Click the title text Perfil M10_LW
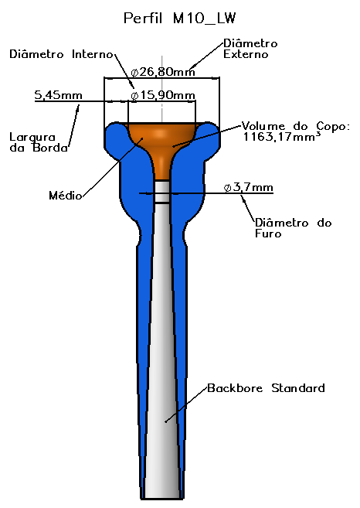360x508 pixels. coord(180,18)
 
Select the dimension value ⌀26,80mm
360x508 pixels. coord(163,72)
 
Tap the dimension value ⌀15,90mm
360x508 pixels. coord(163,95)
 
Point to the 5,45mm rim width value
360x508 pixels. coord(58,95)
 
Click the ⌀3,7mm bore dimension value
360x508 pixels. coord(248,188)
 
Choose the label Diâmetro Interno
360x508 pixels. coord(61,54)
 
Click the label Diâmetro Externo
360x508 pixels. coord(250,49)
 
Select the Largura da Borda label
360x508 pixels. coord(39,142)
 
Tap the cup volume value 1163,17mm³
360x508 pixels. coord(282,136)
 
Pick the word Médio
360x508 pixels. coord(66,196)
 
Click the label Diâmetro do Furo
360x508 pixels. coord(294,228)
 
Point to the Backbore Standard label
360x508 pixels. coord(266,388)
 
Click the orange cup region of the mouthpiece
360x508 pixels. coord(162,142)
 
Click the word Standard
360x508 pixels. coord(298,388)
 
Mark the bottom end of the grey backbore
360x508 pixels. coord(162,498)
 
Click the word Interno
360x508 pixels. coord(93,54)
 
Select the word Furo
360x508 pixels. coord(268,234)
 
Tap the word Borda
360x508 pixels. coord(50,148)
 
